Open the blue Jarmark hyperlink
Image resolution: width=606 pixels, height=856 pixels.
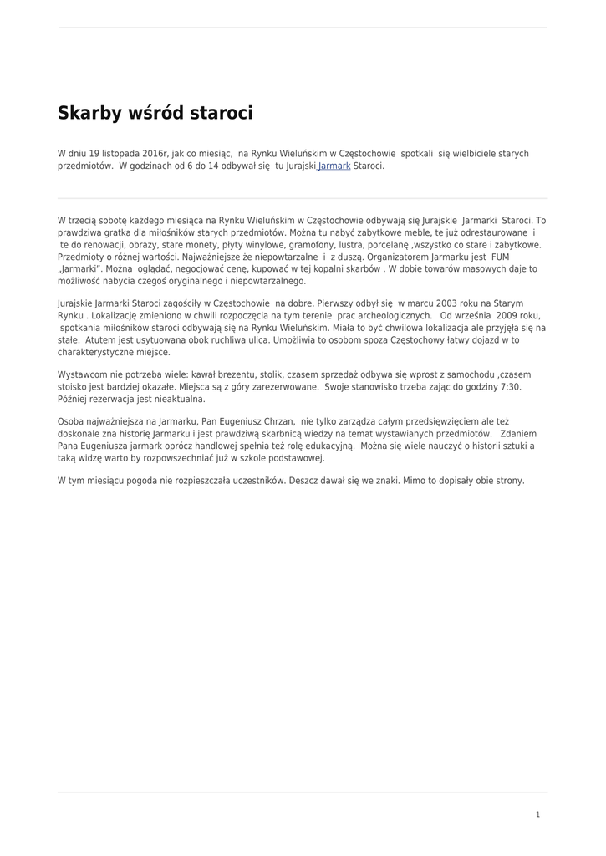tap(334, 166)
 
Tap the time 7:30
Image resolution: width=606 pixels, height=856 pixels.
tap(509, 387)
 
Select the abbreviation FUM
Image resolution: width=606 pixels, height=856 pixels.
tap(500, 257)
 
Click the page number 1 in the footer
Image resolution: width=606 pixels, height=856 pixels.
tap(537, 814)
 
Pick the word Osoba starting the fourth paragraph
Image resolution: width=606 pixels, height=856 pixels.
tap(71, 422)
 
